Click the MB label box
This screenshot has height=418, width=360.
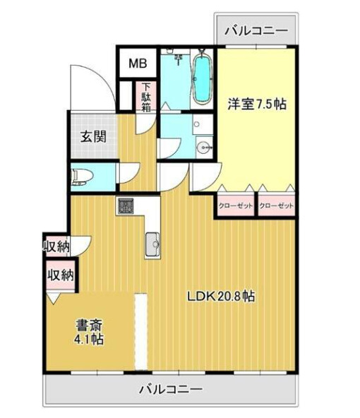pos(138,64)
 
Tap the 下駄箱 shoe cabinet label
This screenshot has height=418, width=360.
pos(146,99)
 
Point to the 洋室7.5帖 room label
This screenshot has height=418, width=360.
pos(256,104)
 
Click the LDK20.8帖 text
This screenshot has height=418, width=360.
pos(220,297)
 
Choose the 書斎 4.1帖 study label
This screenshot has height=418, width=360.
pos(90,333)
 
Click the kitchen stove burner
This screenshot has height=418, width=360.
pos(126,205)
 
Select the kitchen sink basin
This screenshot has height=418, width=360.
pos(152,244)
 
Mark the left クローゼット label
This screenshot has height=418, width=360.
pos(234,206)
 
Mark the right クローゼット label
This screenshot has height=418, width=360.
pos(276,206)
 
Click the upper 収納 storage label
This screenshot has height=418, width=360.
pos(56,246)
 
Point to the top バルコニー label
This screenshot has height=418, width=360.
pos(256,32)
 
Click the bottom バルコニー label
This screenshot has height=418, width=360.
pos(170,389)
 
